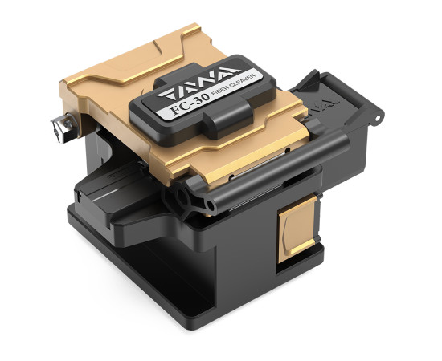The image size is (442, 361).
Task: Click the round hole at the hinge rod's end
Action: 211,205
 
